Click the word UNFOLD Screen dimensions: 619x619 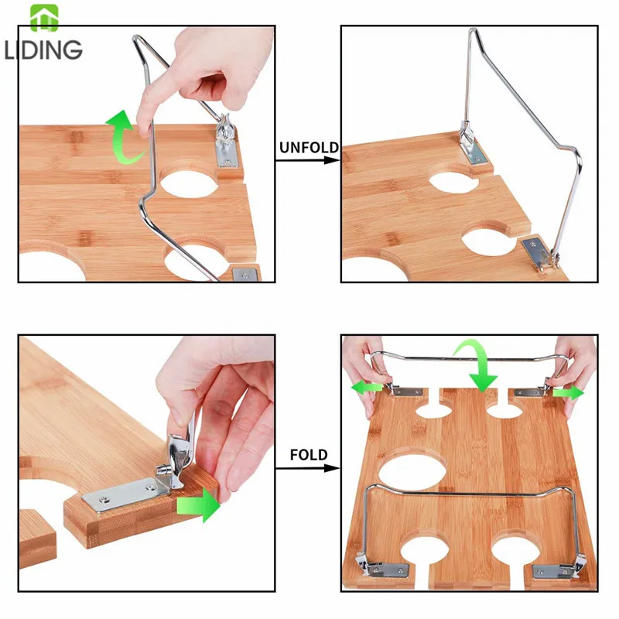pos(309,147)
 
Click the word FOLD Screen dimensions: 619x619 pos(309,455)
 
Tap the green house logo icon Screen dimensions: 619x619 pos(44,18)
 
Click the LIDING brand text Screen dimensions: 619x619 pos(43,50)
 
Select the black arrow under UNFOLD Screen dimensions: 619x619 pos(307,160)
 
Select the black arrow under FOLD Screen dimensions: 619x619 pos(307,468)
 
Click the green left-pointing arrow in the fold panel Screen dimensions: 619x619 pos(367,387)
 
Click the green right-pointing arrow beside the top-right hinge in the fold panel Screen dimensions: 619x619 pos(568,393)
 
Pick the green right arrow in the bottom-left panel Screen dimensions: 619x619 pos(199,505)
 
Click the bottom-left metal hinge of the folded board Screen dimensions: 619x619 pos(381,568)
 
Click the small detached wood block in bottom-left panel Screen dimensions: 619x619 pos(37,538)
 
